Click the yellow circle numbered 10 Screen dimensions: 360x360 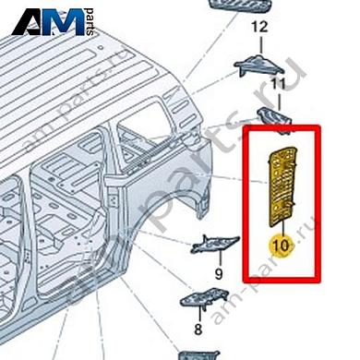coord(279,246)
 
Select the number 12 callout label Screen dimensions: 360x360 coord(259,27)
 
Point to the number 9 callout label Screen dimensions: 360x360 coord(220,273)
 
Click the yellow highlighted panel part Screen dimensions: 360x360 coord(280,181)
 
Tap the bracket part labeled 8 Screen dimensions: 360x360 coord(204,296)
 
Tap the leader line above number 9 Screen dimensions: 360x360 coord(219,260)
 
